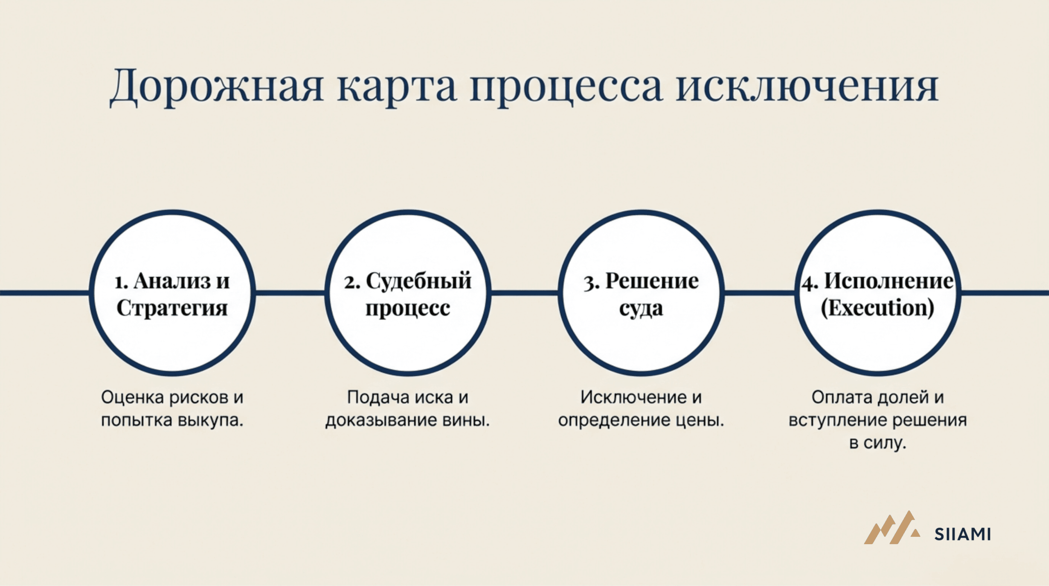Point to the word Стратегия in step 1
point(172,308)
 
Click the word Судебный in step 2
point(418,281)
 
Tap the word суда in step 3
point(641,309)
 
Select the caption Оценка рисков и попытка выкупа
point(172,408)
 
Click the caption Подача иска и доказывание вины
point(408,408)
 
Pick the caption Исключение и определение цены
point(641,408)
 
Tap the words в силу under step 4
point(878,443)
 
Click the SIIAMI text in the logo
point(963,534)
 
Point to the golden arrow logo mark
point(892,528)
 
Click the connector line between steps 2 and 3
point(524,293)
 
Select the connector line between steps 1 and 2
point(290,293)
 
